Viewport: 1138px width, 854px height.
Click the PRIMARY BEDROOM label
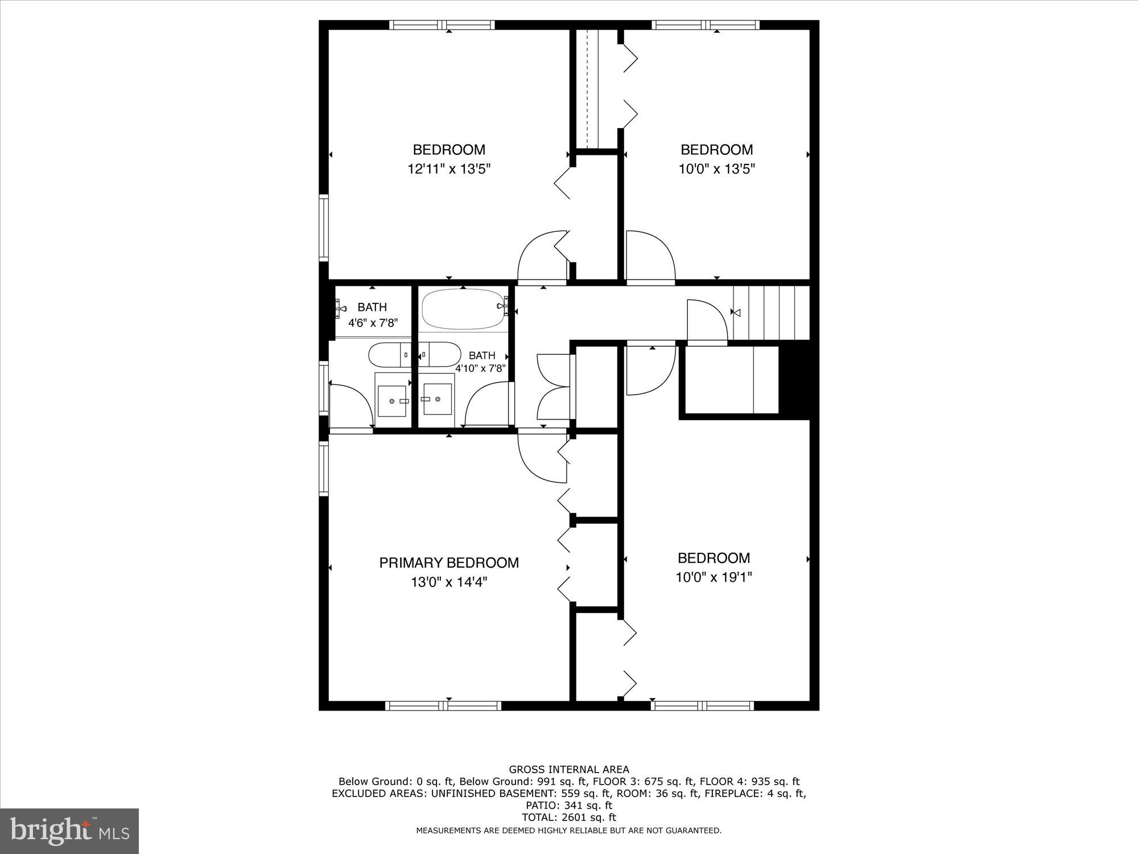449,563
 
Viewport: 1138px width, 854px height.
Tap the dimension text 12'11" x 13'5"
449,169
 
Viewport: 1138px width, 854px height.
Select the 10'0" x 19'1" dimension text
714,577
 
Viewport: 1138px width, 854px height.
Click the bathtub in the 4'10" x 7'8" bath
463,308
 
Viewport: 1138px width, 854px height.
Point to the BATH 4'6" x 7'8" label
373,314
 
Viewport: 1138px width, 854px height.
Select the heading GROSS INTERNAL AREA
568,770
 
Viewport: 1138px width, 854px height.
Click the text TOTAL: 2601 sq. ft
568,817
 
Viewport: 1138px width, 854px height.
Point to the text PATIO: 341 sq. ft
568,805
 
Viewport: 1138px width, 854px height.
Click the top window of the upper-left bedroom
442,25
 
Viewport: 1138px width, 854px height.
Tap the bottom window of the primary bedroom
443,705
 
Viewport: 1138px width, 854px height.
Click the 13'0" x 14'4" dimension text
449,582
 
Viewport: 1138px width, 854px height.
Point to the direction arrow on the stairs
736,312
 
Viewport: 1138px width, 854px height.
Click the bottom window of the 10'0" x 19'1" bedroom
702,705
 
